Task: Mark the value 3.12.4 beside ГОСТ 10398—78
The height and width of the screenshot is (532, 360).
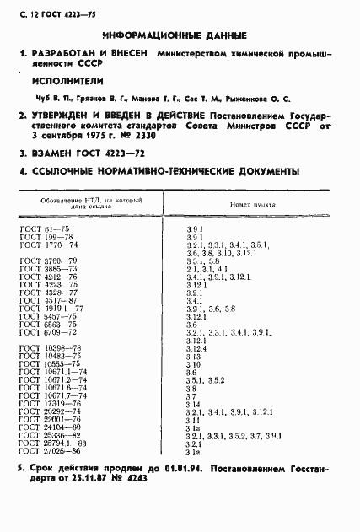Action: coord(196,347)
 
